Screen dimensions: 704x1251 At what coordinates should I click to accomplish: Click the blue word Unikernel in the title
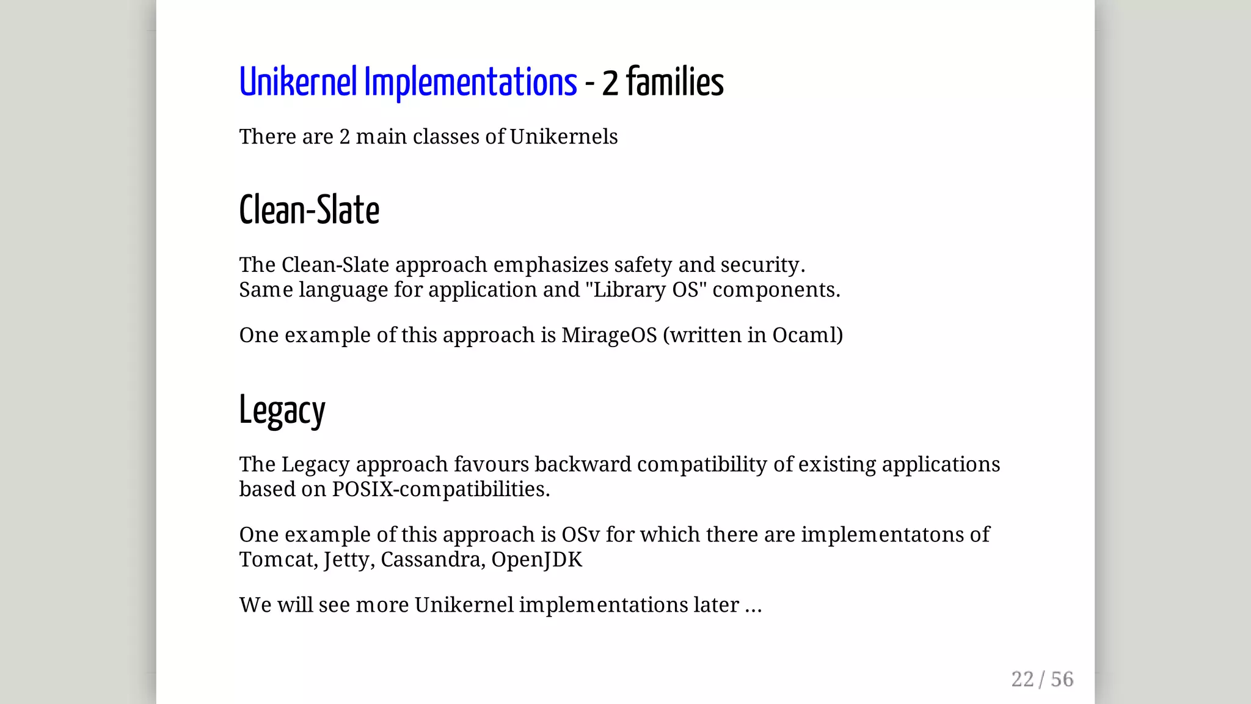click(297, 82)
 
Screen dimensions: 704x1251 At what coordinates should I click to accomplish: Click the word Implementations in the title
click(470, 82)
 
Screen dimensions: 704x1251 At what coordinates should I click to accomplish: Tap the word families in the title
click(674, 82)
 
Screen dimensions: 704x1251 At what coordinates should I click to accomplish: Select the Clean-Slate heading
click(309, 210)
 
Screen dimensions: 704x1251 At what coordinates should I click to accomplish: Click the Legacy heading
click(282, 411)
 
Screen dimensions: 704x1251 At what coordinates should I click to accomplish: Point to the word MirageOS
click(608, 335)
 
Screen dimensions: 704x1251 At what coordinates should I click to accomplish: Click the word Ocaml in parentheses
click(804, 335)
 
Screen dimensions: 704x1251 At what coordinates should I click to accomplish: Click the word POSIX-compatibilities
click(440, 489)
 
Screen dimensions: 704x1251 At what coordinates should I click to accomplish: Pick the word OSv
click(580, 535)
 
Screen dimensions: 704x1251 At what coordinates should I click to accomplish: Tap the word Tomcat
click(278, 560)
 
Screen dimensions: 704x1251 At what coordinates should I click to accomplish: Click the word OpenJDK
click(536, 560)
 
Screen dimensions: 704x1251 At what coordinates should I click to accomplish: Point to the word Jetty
click(348, 560)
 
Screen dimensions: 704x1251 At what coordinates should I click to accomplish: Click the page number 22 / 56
click(1041, 679)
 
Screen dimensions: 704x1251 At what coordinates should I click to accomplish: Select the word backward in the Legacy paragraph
click(583, 464)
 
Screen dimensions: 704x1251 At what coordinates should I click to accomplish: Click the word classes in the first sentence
click(446, 137)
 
